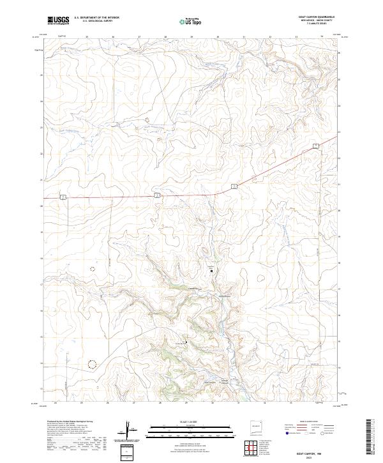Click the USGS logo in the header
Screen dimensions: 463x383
point(58,20)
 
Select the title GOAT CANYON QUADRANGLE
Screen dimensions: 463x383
point(317,17)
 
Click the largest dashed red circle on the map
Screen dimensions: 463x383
point(93,364)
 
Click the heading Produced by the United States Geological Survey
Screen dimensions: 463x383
point(70,421)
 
